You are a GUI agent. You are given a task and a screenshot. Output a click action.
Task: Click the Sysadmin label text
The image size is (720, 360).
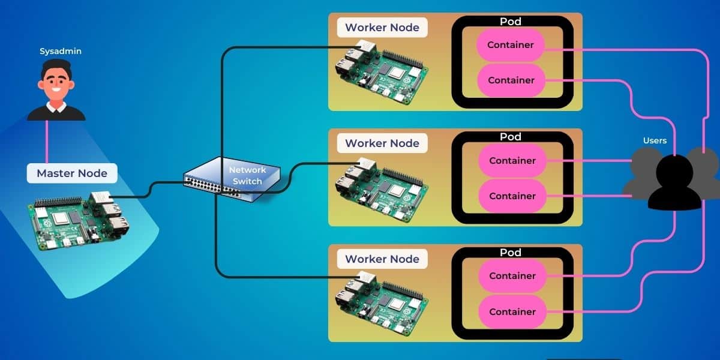pyautogui.click(x=61, y=52)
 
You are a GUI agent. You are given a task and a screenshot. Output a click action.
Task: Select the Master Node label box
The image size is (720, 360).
pyautogui.click(x=72, y=173)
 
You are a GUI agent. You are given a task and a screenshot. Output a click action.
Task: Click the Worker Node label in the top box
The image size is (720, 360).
pyautogui.click(x=382, y=28)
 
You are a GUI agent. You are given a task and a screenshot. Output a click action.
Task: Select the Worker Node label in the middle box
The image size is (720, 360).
pyautogui.click(x=382, y=143)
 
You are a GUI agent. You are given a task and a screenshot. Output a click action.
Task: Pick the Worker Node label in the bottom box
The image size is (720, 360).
pyautogui.click(x=382, y=259)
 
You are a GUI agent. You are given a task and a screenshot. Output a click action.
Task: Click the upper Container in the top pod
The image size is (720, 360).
pyautogui.click(x=511, y=45)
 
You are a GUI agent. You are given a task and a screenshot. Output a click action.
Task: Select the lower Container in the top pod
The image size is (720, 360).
pyautogui.click(x=511, y=80)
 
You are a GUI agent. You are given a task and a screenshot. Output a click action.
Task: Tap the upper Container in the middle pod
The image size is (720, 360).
pyautogui.click(x=512, y=161)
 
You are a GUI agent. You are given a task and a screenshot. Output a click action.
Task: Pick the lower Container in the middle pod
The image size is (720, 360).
pyautogui.click(x=512, y=196)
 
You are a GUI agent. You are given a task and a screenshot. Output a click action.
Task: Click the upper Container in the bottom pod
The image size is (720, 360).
pyautogui.click(x=512, y=276)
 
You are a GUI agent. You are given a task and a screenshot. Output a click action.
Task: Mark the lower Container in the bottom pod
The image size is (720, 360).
pyautogui.click(x=512, y=312)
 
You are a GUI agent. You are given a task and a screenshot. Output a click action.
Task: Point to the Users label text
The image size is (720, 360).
pyautogui.click(x=655, y=140)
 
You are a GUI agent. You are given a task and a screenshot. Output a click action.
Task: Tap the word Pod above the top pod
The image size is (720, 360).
pyautogui.click(x=511, y=22)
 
